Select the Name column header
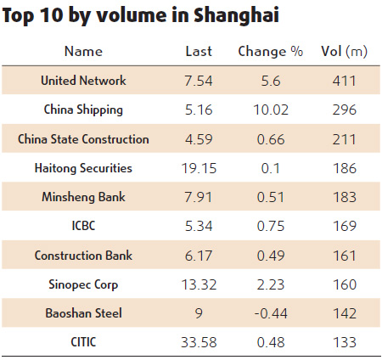pyautogui.click(x=83, y=52)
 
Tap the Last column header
pyautogui.click(x=199, y=52)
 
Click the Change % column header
pyautogui.click(x=270, y=52)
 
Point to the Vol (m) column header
pyautogui.click(x=345, y=52)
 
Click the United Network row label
pyautogui.click(x=83, y=81)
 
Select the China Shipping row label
pyautogui.click(x=83, y=110)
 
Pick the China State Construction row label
pyautogui.click(x=83, y=139)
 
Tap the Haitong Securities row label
pyautogui.click(x=83, y=168)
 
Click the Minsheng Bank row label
pyautogui.click(x=83, y=197)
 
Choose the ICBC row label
pyautogui.click(x=83, y=226)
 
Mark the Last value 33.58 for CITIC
pyautogui.click(x=199, y=342)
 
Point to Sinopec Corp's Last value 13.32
pyautogui.click(x=199, y=284)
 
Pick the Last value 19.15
pyautogui.click(x=199, y=168)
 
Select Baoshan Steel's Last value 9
pyautogui.click(x=199, y=313)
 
